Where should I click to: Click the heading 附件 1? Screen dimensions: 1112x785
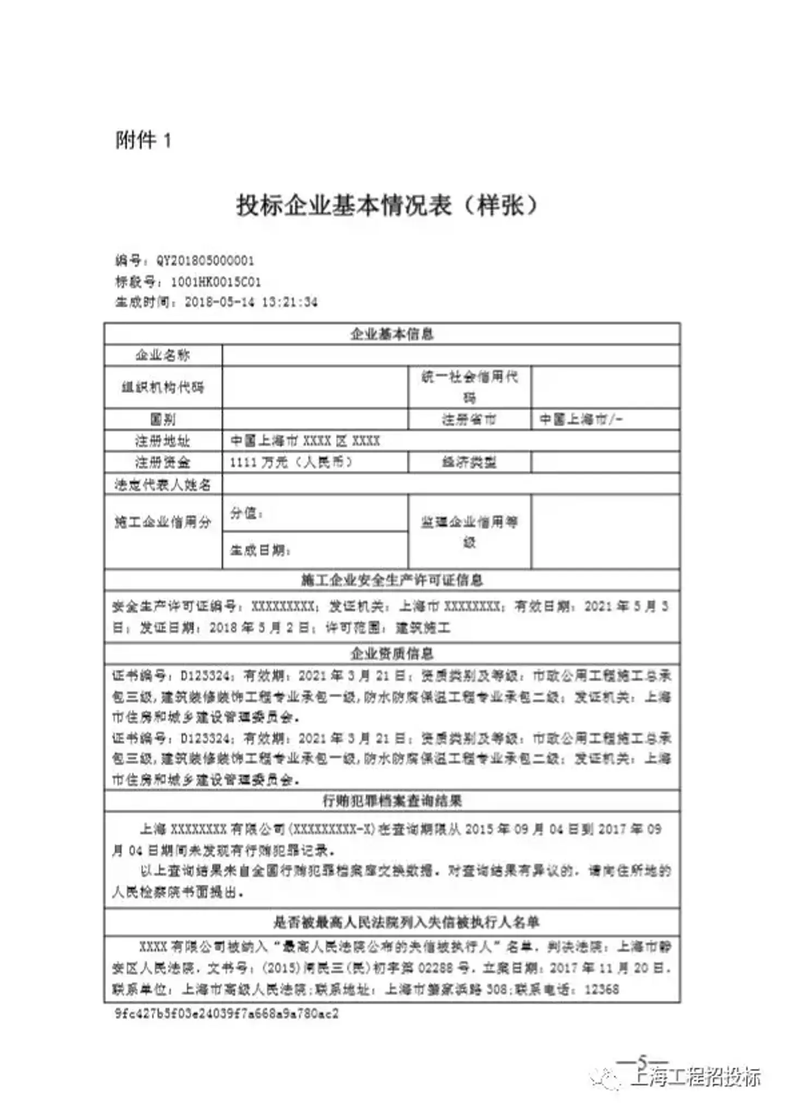pyautogui.click(x=143, y=140)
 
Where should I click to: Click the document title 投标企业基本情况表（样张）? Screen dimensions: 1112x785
pyautogui.click(x=388, y=206)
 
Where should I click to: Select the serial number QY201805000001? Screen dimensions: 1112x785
pyautogui.click(x=205, y=261)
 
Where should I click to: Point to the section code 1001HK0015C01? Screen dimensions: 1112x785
pyautogui.click(x=215, y=282)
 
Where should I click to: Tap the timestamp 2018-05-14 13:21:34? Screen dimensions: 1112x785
pyautogui.click(x=251, y=302)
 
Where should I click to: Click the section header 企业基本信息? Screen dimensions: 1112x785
pyautogui.click(x=391, y=334)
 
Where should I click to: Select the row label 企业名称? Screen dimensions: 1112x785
pyautogui.click(x=162, y=355)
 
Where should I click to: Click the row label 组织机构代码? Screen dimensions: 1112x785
pyautogui.click(x=162, y=387)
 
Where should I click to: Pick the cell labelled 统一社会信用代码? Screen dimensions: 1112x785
pyautogui.click(x=469, y=386)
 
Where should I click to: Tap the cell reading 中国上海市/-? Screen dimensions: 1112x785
pyautogui.click(x=581, y=419)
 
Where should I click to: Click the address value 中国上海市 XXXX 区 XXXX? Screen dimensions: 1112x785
pyautogui.click(x=305, y=440)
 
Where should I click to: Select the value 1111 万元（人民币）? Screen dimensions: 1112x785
pyautogui.click(x=291, y=462)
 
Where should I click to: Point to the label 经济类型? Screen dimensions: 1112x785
pyautogui.click(x=469, y=462)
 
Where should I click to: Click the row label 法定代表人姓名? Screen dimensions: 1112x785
pyautogui.click(x=162, y=484)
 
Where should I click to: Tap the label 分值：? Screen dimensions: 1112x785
pyautogui.click(x=246, y=513)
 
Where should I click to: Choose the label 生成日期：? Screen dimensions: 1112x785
pyautogui.click(x=260, y=550)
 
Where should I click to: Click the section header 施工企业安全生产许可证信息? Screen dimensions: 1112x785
pyautogui.click(x=391, y=580)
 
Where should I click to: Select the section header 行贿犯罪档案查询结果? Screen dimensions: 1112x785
pyautogui.click(x=391, y=801)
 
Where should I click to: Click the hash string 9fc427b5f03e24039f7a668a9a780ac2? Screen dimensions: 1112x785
pyautogui.click(x=226, y=1013)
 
